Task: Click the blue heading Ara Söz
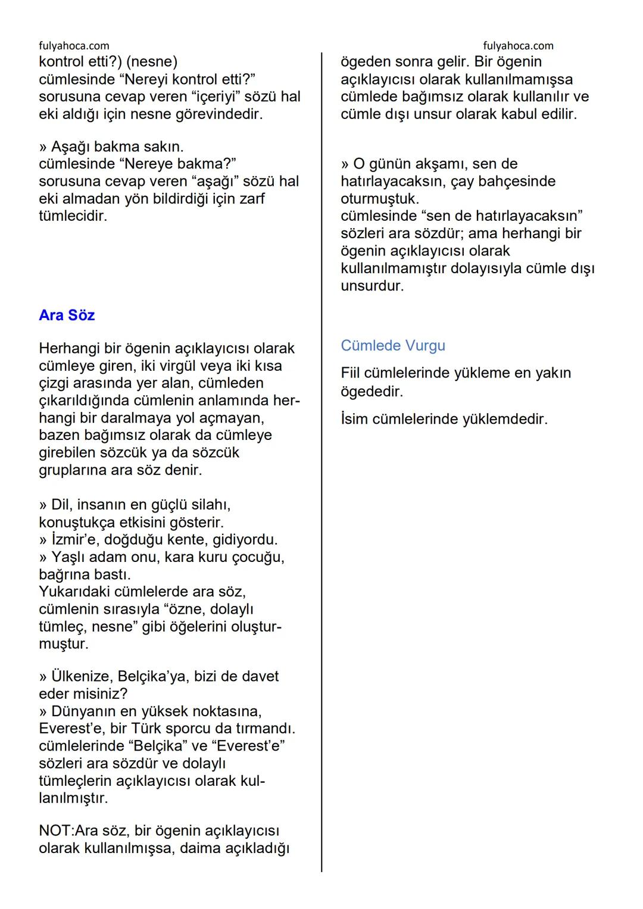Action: point(67,315)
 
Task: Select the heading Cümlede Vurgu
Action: point(393,345)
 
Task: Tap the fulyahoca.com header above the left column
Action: point(74,46)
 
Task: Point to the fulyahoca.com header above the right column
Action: point(518,46)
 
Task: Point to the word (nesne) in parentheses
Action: point(151,62)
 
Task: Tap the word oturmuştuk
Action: point(380,198)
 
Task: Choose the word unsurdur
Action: point(372,286)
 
